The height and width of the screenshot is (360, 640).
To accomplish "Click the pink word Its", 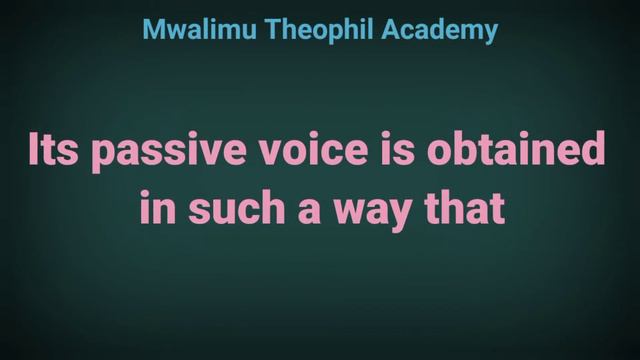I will click(x=54, y=151).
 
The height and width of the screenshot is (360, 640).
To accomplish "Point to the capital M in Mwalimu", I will click(x=153, y=31).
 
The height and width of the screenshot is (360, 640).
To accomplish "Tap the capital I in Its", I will click(x=34, y=151).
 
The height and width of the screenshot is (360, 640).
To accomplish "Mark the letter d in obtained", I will click(x=594, y=151).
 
